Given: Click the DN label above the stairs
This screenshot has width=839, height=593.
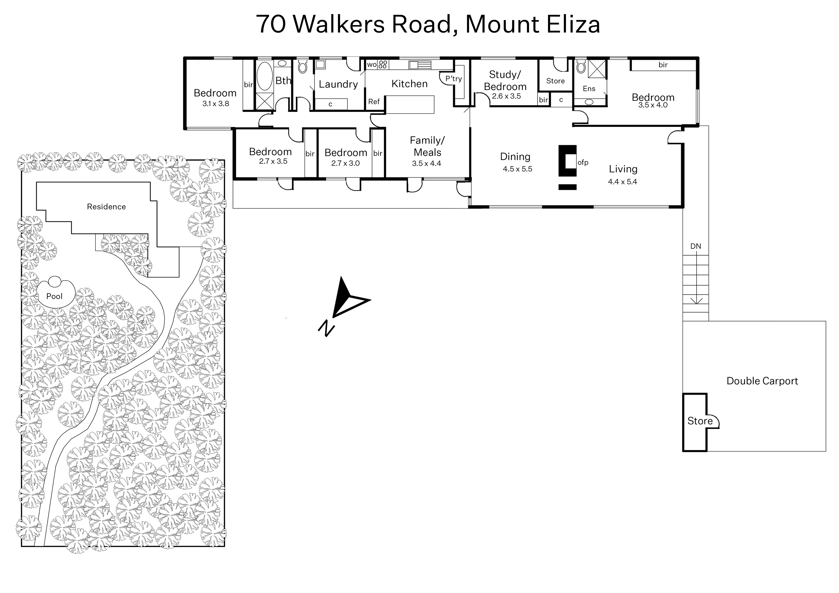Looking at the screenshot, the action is pyautogui.click(x=695, y=246).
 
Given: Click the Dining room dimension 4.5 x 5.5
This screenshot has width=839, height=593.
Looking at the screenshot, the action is pyautogui.click(x=517, y=169).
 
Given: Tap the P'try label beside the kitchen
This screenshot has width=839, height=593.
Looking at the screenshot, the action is pyautogui.click(x=453, y=79).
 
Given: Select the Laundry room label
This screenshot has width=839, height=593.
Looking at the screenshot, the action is pyautogui.click(x=338, y=84).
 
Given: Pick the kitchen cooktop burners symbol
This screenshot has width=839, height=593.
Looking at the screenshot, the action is pyautogui.click(x=383, y=65).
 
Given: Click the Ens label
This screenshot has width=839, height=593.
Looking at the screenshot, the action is pyautogui.click(x=589, y=89).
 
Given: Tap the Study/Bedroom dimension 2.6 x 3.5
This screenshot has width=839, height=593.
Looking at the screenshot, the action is pyautogui.click(x=506, y=96).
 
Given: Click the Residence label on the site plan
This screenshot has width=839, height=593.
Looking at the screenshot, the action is pyautogui.click(x=106, y=207).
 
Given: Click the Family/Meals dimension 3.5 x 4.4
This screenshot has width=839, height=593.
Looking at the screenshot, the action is pyautogui.click(x=427, y=163).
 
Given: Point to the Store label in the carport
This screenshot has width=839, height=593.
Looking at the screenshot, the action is pyautogui.click(x=700, y=421).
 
